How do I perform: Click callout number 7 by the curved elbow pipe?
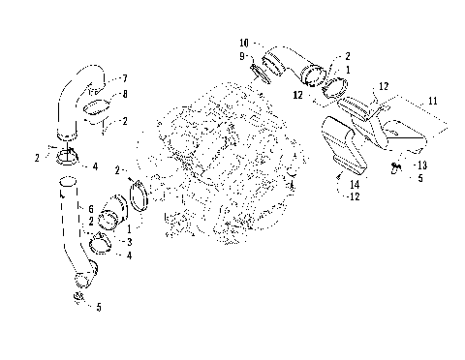tap(124, 77)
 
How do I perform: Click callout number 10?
tap(244, 43)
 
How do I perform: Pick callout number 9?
tap(245, 57)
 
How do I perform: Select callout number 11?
tap(433, 101)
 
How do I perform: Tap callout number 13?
tap(422, 165)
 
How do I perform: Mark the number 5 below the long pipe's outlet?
tap(96, 310)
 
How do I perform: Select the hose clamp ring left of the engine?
tap(138, 190)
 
